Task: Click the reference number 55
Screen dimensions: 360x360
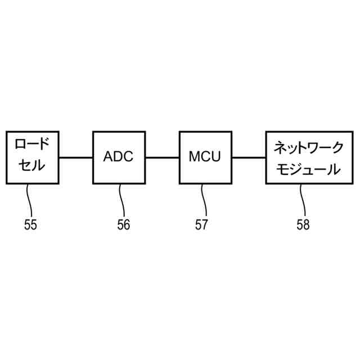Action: pyautogui.click(x=30, y=225)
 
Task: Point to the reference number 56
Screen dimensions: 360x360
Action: pyautogui.click(x=123, y=225)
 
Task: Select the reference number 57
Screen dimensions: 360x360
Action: pyautogui.click(x=201, y=225)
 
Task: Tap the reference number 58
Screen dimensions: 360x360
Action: pyautogui.click(x=303, y=225)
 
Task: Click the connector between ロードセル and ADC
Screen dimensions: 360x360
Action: pyautogui.click(x=75, y=157)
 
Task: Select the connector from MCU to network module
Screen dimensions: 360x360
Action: pyautogui.click(x=249, y=157)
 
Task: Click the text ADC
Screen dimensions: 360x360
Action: pyautogui.click(x=119, y=157)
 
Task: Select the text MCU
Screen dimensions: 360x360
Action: pyautogui.click(x=205, y=157)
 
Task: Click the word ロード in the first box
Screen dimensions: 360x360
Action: pyautogui.click(x=32, y=145)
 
